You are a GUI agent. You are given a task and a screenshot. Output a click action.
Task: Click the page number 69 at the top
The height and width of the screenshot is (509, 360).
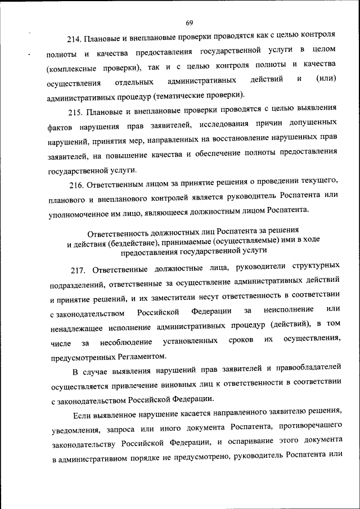(188, 22)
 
